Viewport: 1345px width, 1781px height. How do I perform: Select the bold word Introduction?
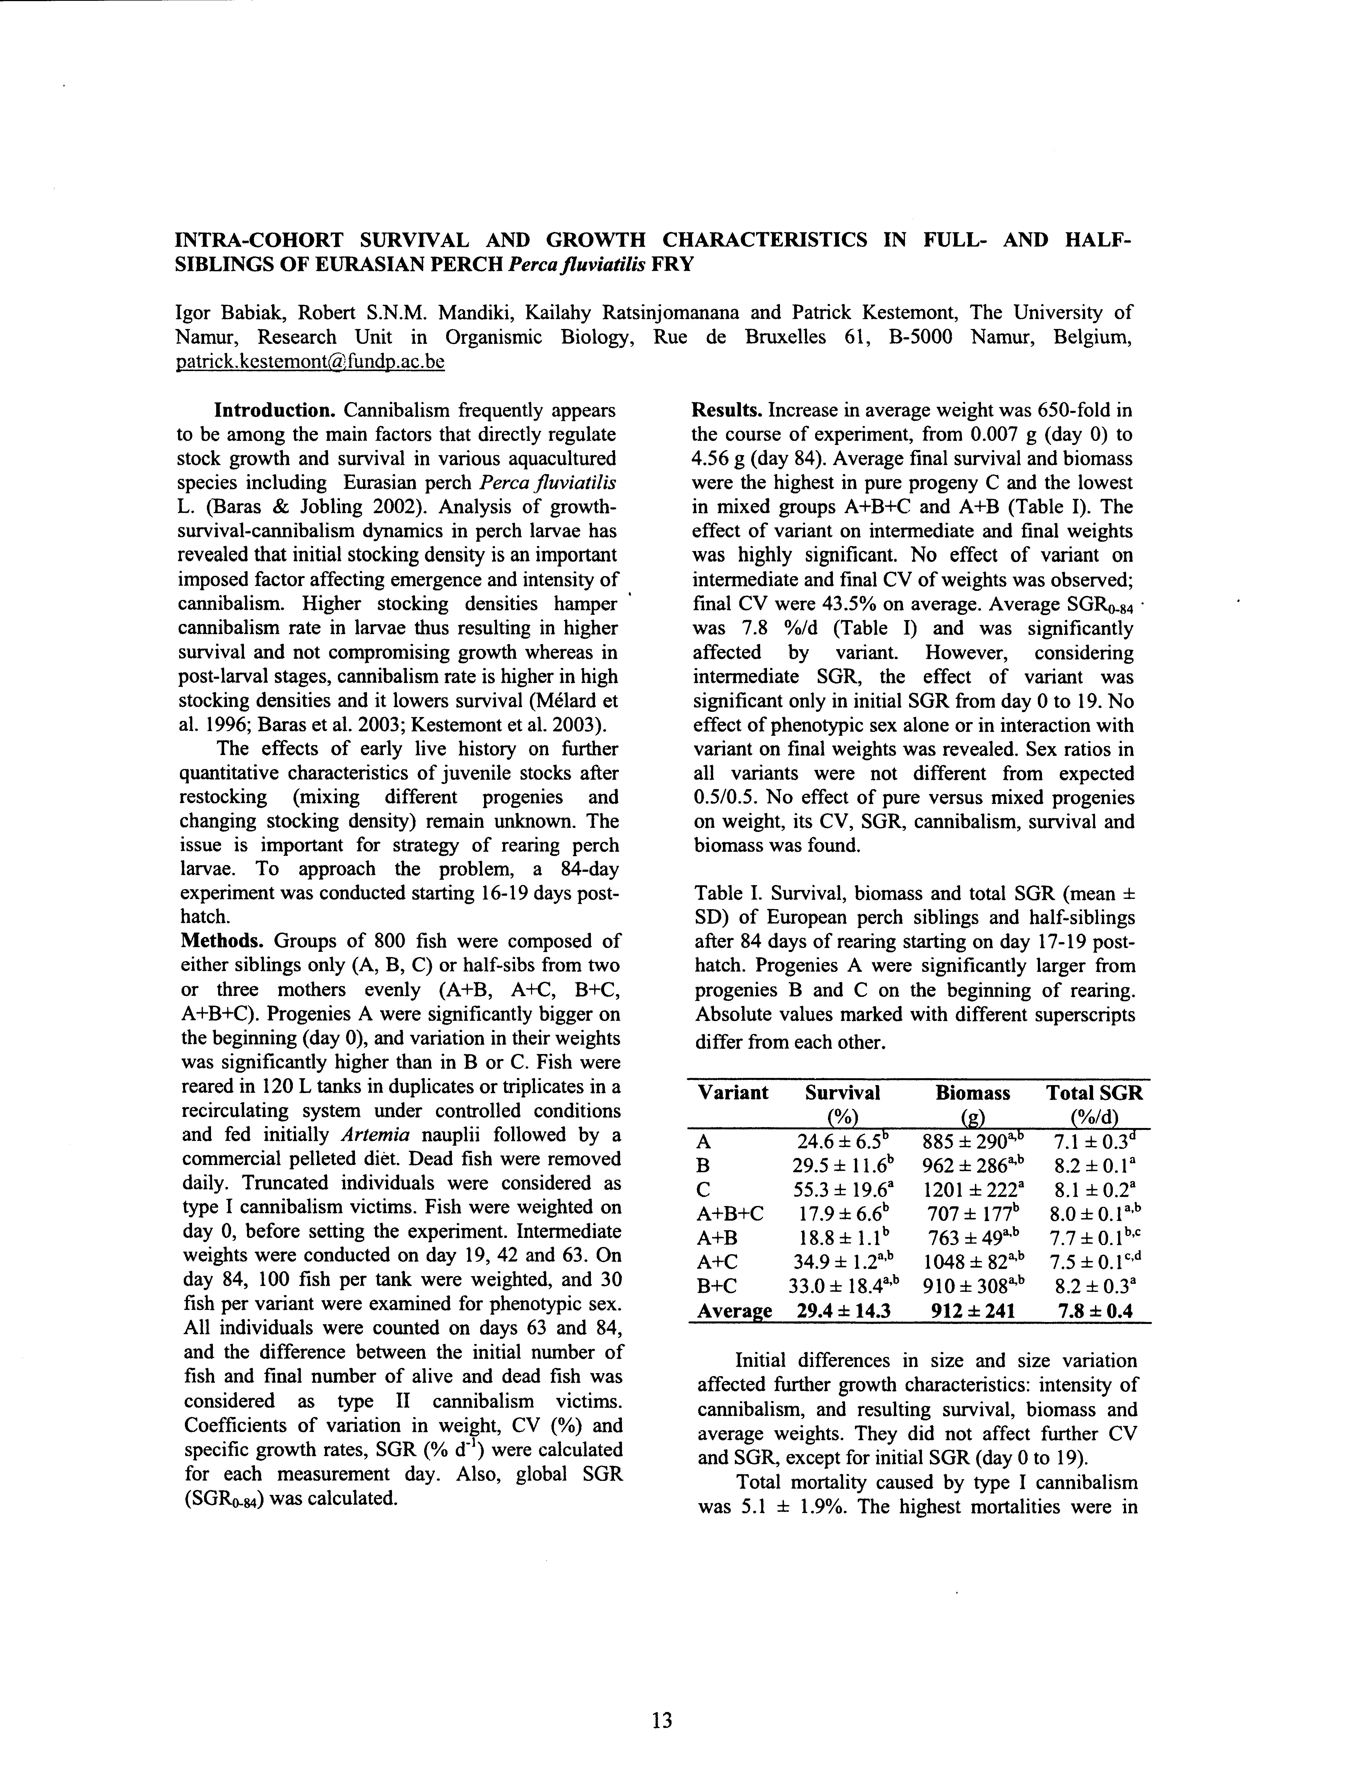(274, 411)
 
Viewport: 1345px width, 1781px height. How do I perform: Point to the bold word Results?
(727, 411)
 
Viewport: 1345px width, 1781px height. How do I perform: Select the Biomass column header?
(972, 1093)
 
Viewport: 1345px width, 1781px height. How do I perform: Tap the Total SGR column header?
(1094, 1093)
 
